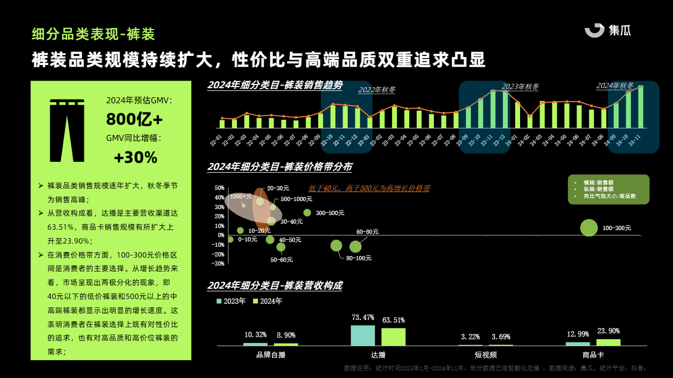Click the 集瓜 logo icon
click(x=595, y=31)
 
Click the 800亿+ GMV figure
click(x=134, y=119)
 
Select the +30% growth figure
click(x=135, y=158)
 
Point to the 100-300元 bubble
click(x=589, y=228)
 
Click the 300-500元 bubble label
click(x=330, y=213)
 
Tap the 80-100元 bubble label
click(x=359, y=258)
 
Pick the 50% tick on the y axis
click(x=219, y=188)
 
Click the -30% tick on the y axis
click(x=219, y=263)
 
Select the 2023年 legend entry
click(x=231, y=301)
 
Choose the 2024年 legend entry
click(x=268, y=301)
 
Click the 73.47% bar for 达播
click(x=363, y=335)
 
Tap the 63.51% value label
click(x=394, y=320)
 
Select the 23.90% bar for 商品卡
click(x=608, y=342)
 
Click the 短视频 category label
click(x=486, y=355)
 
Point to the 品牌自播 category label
click(x=271, y=355)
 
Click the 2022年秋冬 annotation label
click(x=377, y=90)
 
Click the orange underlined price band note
click(x=369, y=189)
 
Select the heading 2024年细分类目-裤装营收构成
click(x=275, y=286)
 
